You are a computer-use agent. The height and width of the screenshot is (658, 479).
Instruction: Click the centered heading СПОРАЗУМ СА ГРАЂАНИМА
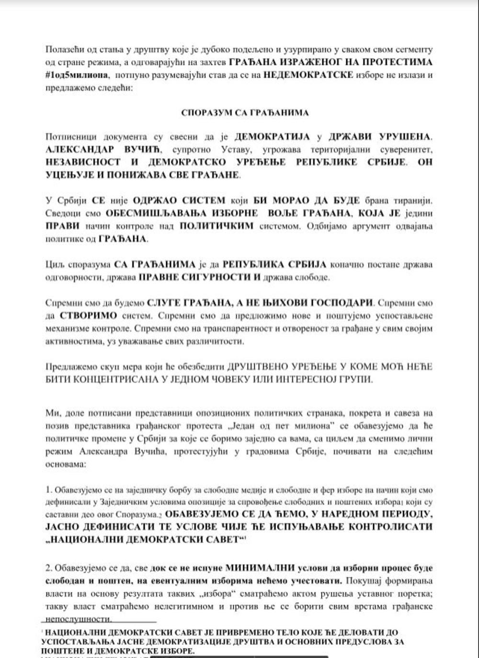[245, 113]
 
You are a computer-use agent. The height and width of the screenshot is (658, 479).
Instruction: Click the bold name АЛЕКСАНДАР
[80, 149]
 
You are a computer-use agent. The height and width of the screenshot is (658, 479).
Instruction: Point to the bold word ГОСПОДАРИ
[338, 303]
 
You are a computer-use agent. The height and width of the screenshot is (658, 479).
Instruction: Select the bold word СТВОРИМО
[88, 316]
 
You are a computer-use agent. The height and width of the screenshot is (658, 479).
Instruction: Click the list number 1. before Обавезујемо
[48, 490]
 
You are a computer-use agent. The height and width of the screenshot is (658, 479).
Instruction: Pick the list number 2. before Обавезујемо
[49, 568]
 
